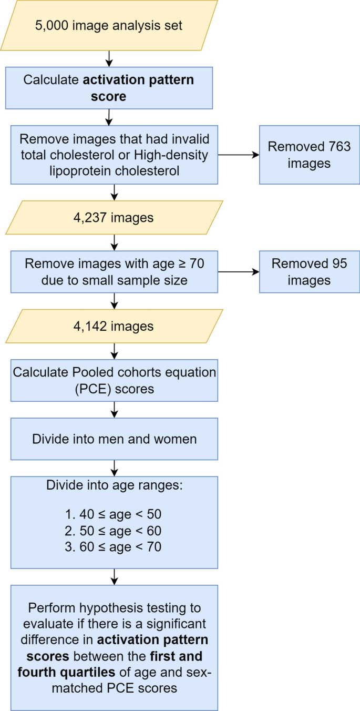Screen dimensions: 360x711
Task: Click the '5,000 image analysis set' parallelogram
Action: [109, 25]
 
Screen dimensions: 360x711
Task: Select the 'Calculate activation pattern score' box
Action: [109, 88]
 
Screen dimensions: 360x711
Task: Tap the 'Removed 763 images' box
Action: [309, 155]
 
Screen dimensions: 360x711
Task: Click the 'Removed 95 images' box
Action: [309, 271]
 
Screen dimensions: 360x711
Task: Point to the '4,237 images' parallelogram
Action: [114, 217]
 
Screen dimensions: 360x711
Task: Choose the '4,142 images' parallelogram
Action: [114, 326]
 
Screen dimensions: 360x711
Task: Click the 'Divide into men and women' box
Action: [114, 439]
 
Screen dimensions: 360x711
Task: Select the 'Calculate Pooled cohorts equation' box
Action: [114, 380]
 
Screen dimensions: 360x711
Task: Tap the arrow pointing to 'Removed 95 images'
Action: [239, 272]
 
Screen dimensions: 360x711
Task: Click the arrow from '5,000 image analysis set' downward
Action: [109, 58]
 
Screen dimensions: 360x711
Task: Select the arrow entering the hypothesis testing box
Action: [114, 577]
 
